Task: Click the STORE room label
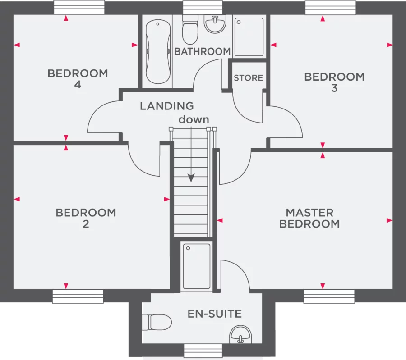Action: pos(248,78)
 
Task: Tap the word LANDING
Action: pos(167,106)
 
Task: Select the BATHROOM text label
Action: pos(203,51)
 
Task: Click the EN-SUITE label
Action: pos(215,314)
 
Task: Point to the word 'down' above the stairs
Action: pos(194,119)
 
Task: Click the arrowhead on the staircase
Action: pos(191,178)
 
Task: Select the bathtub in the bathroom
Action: pos(158,52)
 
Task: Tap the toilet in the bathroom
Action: pos(190,29)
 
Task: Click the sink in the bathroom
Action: pos(215,23)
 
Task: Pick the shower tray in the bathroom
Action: pos(249,37)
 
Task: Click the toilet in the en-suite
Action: pos(157,322)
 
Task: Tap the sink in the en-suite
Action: pos(240,334)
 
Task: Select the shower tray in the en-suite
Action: pos(197,266)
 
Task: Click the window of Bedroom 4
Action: pos(79,7)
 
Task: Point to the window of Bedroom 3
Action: pos(330,8)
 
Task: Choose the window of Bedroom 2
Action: pos(78,296)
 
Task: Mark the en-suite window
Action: pos(203,351)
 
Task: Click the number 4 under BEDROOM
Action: pos(78,85)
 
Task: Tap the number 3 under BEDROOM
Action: pos(335,88)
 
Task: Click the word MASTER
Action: pos(309,213)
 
